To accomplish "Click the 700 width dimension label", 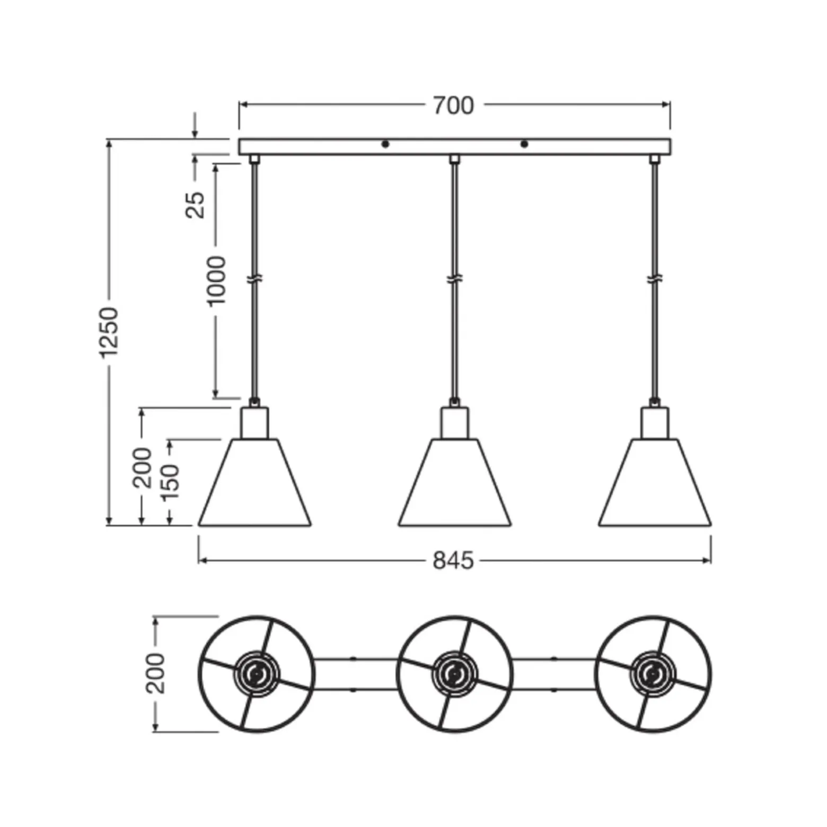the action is [x=453, y=106].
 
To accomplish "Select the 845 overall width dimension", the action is [x=453, y=561].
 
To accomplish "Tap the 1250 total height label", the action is [x=110, y=332].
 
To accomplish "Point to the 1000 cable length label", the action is [x=216, y=281].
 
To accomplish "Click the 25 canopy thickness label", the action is [x=195, y=204].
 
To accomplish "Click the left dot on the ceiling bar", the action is [x=385, y=144].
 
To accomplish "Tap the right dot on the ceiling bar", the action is [x=524, y=144].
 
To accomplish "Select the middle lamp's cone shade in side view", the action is [x=455, y=482].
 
